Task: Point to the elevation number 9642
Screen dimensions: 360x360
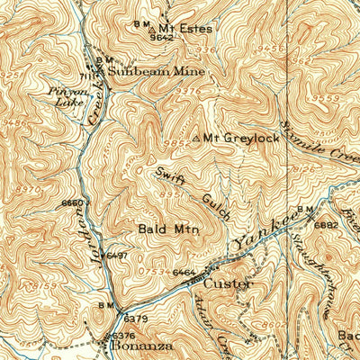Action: [x=161, y=39]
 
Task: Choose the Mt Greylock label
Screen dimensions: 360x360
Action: [x=237, y=138]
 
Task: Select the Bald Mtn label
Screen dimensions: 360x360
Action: [x=168, y=230]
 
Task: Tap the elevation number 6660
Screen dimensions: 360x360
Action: [x=72, y=203]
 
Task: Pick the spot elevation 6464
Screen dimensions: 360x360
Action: [x=184, y=271]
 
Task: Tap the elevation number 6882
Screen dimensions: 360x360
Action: [x=326, y=225]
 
